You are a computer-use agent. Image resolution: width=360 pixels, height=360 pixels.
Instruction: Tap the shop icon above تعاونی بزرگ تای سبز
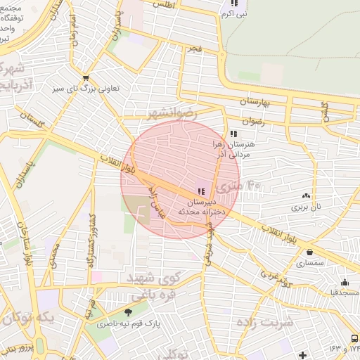(86, 78)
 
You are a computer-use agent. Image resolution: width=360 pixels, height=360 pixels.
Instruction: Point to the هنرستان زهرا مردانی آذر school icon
(233, 134)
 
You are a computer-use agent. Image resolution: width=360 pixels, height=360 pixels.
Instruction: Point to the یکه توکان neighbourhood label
(26, 319)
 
